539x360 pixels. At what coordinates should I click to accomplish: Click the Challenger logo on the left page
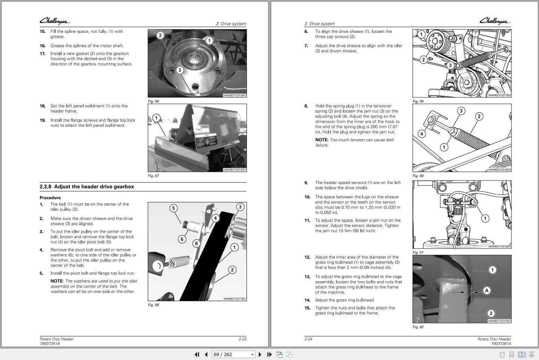(55, 21)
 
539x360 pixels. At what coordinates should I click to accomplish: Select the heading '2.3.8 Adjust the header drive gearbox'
(86, 187)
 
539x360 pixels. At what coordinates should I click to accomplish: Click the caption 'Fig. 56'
(153, 101)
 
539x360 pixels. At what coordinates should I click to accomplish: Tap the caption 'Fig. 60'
(418, 176)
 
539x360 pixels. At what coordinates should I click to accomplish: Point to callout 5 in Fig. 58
(173, 208)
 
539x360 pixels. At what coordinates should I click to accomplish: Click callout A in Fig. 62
(487, 290)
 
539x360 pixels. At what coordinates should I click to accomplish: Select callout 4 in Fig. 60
(422, 134)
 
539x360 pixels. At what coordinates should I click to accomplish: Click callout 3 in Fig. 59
(450, 65)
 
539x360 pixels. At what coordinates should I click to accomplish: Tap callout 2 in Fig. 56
(160, 35)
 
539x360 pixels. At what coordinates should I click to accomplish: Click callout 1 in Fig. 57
(156, 118)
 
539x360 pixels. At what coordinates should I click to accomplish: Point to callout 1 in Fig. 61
(485, 218)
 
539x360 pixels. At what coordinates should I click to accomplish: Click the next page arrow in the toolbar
(260, 354)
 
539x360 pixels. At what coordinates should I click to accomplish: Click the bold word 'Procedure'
(50, 198)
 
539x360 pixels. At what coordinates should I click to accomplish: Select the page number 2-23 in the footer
(242, 339)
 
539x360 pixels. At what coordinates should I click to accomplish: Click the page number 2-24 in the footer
(308, 339)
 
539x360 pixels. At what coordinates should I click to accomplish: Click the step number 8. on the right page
(307, 106)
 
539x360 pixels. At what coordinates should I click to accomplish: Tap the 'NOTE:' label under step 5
(57, 281)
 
